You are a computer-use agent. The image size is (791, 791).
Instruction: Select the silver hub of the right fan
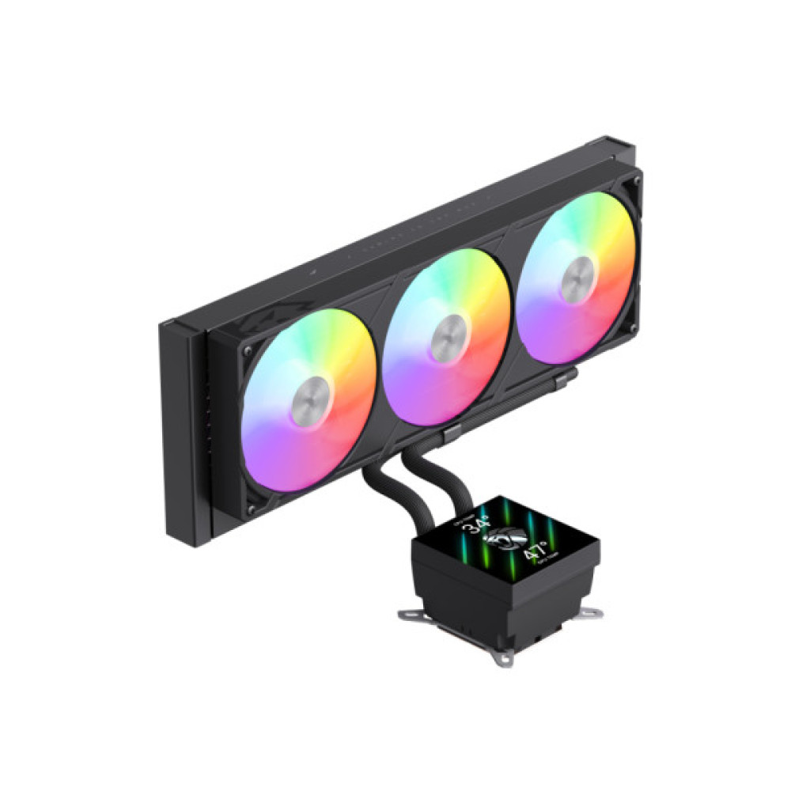pos(576,279)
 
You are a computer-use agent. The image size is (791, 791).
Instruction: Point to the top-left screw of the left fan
pos(248,350)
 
